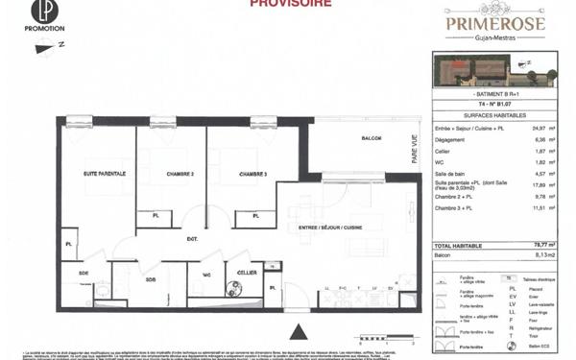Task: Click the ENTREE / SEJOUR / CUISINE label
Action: (330, 228)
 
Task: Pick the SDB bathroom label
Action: (151, 279)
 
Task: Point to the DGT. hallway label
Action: (192, 238)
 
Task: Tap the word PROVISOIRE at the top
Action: (291, 4)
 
